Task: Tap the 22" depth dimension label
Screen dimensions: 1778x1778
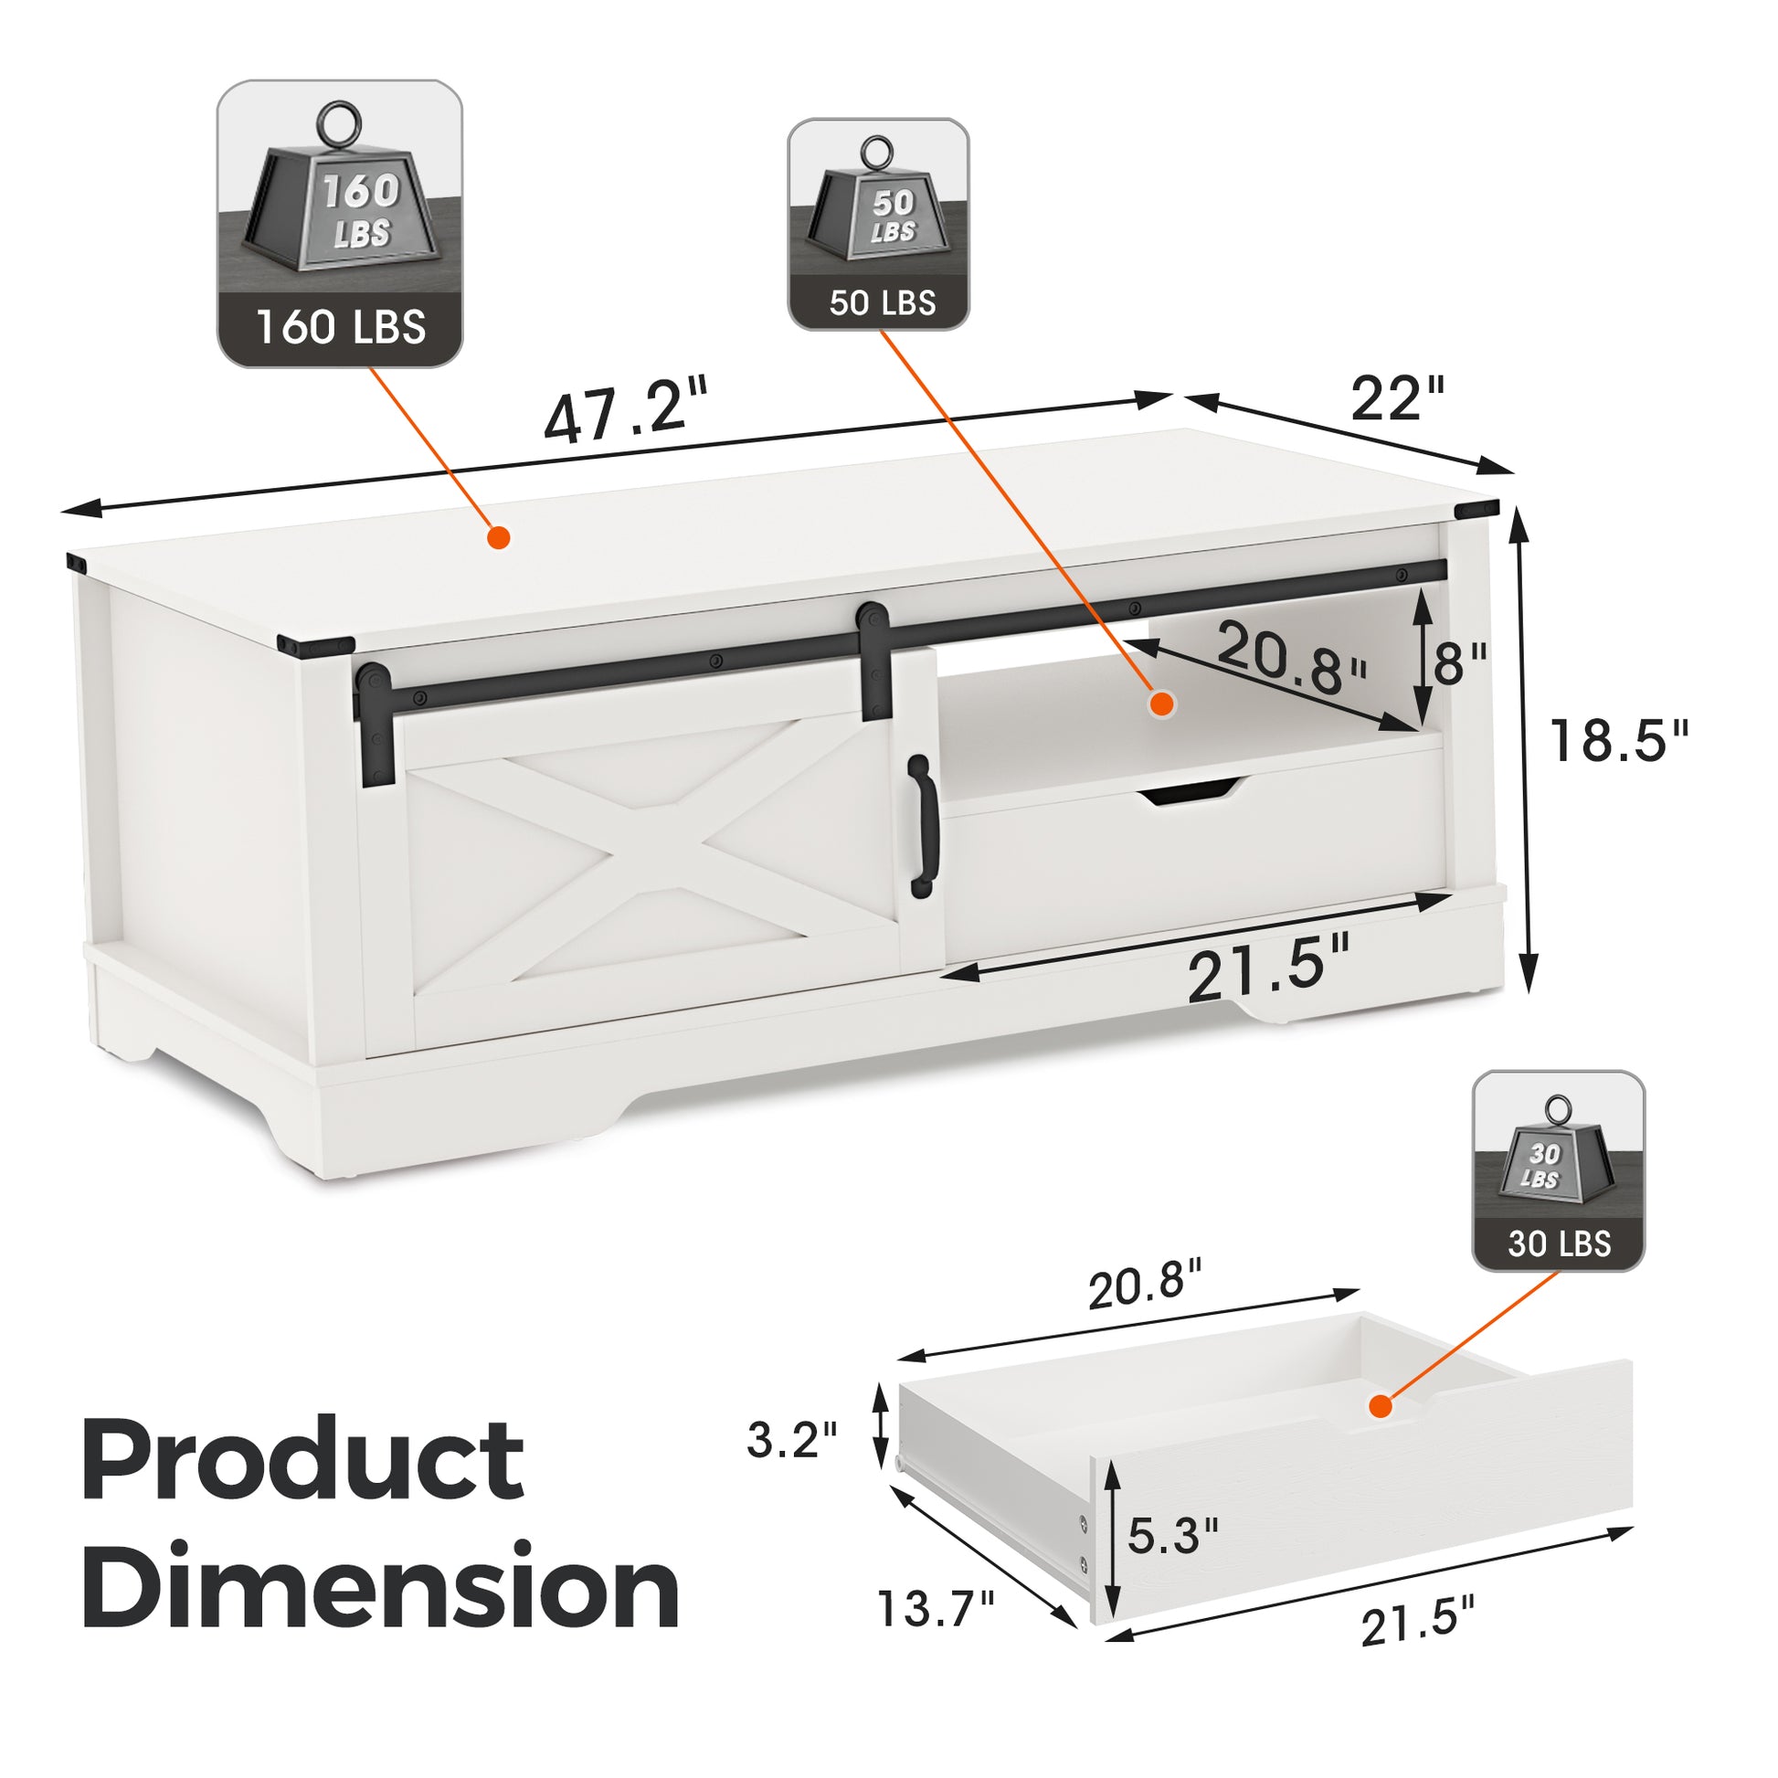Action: [1397, 397]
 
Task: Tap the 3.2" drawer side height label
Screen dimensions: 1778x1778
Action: [792, 1439]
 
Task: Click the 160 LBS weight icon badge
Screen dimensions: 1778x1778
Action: [340, 224]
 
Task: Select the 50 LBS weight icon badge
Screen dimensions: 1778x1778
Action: [878, 224]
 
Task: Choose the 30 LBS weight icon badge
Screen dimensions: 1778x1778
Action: [1558, 1169]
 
